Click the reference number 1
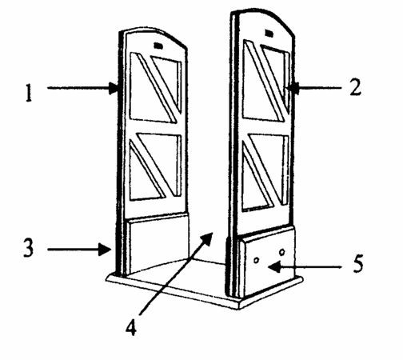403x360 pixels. point(29,92)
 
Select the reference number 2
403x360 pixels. point(356,87)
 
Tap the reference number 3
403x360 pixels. point(29,248)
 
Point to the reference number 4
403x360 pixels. point(131,327)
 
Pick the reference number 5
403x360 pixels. point(358,263)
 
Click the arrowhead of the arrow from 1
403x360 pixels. point(114,88)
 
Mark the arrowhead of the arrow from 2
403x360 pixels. point(293,87)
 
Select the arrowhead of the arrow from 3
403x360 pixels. point(105,250)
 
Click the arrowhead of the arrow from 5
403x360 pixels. point(273,266)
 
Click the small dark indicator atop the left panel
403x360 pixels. point(158,46)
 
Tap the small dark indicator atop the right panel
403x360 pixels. point(269,34)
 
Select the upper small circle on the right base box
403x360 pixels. point(282,252)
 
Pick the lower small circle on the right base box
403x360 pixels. point(257,260)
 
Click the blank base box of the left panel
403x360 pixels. point(158,242)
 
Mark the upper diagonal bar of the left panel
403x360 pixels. point(158,87)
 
